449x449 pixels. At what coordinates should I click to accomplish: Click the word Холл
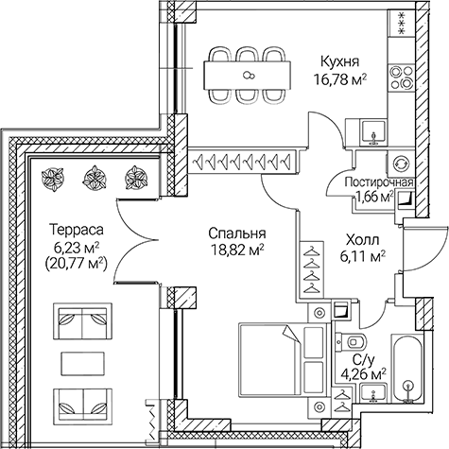point(363,239)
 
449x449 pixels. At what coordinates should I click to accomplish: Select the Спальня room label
point(234,233)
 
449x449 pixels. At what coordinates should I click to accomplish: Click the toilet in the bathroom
point(357,341)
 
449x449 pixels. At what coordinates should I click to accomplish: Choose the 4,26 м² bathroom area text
point(363,372)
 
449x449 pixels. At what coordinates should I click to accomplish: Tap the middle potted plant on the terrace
point(95,175)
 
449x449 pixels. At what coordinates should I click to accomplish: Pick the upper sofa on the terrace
point(78,324)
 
